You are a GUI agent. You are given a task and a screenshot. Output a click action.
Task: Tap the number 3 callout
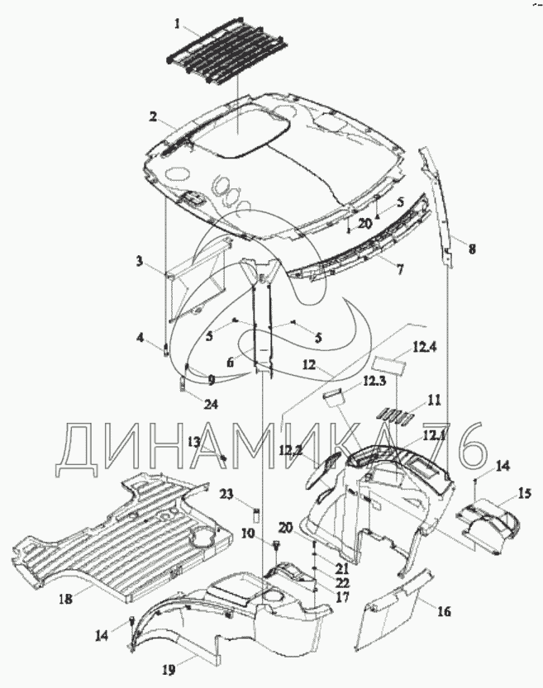click(141, 263)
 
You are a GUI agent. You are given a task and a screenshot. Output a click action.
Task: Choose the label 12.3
click(374, 382)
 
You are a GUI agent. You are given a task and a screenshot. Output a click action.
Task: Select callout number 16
click(443, 611)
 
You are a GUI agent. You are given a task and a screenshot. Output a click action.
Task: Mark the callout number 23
click(227, 494)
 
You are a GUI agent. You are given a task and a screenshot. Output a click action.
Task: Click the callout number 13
click(193, 442)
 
